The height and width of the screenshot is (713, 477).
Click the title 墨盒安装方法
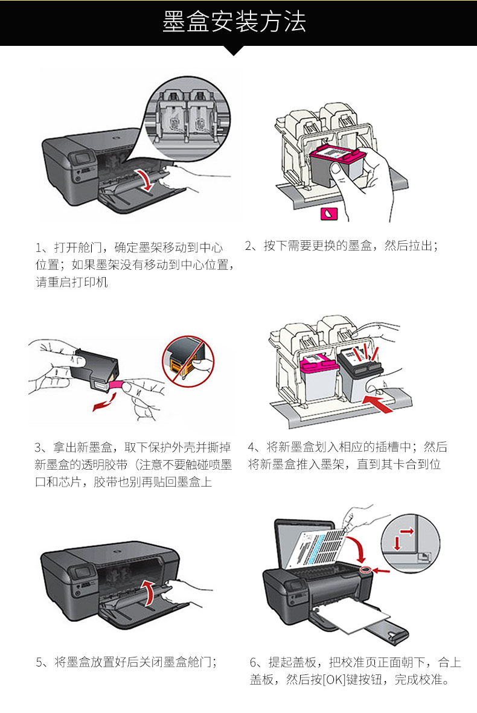pos(234,22)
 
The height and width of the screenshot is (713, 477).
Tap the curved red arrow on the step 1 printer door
pos(145,179)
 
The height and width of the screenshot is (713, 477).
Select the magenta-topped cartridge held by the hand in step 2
pos(335,162)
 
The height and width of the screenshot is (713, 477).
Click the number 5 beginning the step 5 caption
pos(39,662)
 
